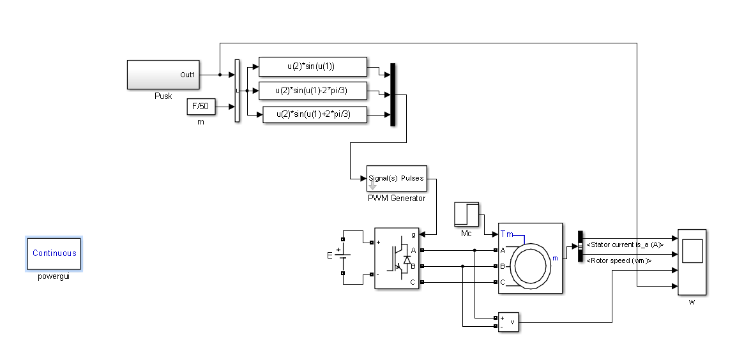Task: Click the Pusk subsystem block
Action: tap(163, 75)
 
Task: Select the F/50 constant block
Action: tap(201, 107)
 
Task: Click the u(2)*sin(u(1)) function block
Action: tap(313, 66)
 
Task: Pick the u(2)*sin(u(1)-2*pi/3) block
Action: tap(313, 91)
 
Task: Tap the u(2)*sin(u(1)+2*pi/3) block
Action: tap(315, 114)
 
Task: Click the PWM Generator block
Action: tap(397, 179)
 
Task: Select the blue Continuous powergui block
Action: tap(54, 254)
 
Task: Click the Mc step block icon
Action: tap(466, 214)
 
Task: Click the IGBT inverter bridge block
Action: tap(397, 259)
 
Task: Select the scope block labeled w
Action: tap(692, 262)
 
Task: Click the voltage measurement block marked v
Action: tap(508, 322)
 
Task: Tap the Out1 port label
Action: tap(188, 75)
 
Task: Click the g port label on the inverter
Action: tap(413, 235)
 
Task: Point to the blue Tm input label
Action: tap(507, 234)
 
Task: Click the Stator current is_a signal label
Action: tap(625, 244)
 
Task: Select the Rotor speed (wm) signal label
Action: tap(619, 261)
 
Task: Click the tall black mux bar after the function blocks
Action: tap(393, 94)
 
